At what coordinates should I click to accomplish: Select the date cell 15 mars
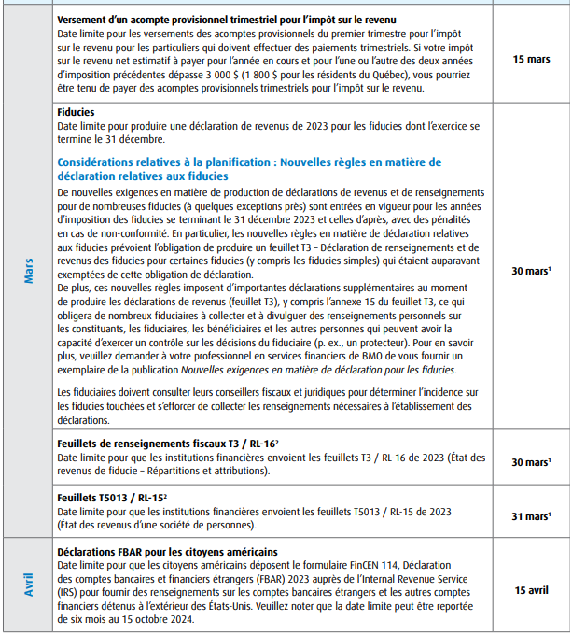tap(531, 58)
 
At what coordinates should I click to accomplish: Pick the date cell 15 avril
tap(531, 590)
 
